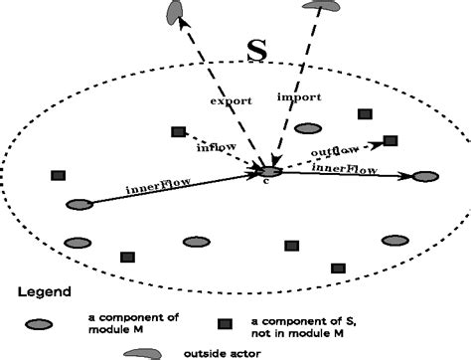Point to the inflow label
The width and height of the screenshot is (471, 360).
pos(215,148)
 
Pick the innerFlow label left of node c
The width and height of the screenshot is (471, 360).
pos(156,185)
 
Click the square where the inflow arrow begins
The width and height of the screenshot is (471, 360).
pos(178,132)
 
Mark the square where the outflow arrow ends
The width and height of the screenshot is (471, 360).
pos(391,141)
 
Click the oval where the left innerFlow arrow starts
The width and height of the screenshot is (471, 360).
pos(78,205)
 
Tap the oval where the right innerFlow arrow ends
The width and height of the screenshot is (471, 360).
pos(425,177)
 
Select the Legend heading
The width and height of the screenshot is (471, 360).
pos(45,292)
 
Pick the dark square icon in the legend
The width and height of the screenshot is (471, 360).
pos(227,324)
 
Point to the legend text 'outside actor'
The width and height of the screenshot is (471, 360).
pos(220,352)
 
